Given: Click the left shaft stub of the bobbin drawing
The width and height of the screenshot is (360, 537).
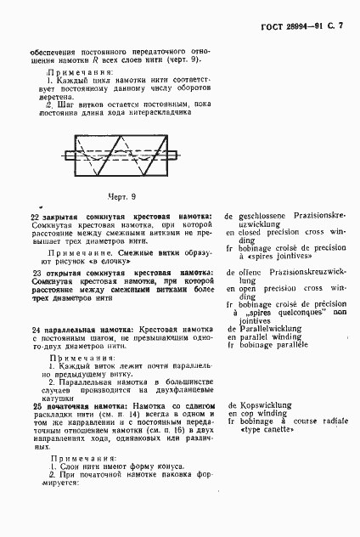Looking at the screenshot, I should click(x=69, y=155).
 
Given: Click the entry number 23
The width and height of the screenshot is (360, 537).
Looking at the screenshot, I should click(x=35, y=296).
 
